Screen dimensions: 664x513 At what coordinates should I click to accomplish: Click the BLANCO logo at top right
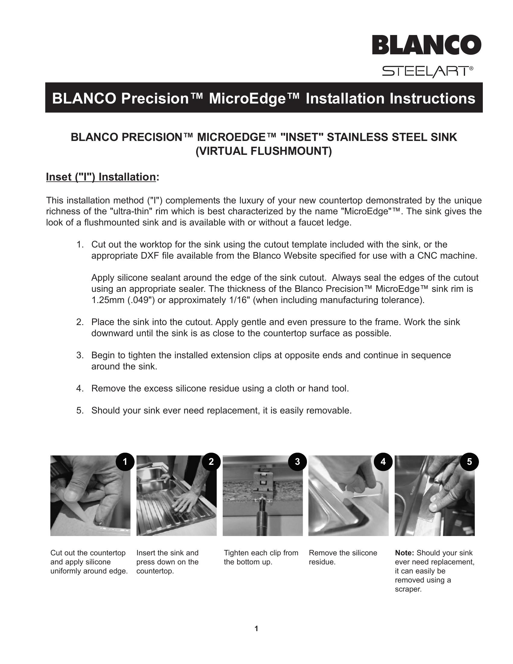click(x=426, y=45)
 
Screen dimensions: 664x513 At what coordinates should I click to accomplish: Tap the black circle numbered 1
click(x=125, y=462)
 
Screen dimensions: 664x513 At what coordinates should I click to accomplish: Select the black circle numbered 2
click(x=211, y=462)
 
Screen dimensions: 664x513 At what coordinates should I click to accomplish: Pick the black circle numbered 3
click(x=297, y=462)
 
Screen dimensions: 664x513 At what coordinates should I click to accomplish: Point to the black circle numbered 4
click(x=383, y=462)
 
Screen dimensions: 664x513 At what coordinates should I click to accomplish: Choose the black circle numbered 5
click(x=469, y=462)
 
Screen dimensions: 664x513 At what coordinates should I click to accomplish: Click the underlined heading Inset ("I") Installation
click(x=101, y=177)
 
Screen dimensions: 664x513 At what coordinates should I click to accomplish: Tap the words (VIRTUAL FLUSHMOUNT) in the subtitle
click(x=263, y=151)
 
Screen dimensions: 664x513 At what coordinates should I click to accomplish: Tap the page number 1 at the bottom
click(x=256, y=628)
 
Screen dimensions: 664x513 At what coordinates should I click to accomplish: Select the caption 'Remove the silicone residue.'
click(x=343, y=557)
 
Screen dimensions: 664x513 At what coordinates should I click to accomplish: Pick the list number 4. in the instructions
click(x=80, y=388)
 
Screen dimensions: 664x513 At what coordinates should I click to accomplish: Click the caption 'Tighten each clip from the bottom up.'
click(x=261, y=557)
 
